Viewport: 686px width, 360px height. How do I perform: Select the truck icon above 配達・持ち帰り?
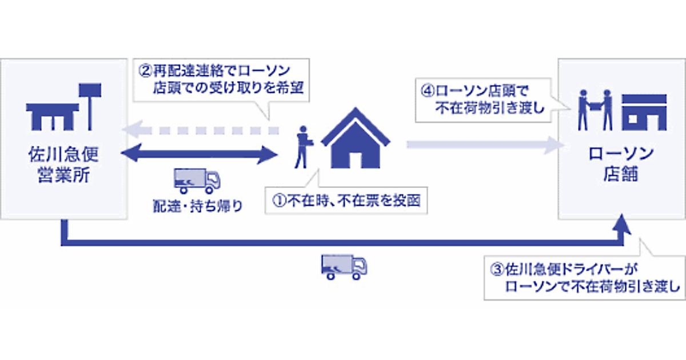[x=196, y=181]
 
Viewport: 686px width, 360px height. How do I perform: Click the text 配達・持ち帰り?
[x=197, y=206]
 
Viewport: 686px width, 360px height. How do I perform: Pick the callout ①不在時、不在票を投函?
[x=345, y=201]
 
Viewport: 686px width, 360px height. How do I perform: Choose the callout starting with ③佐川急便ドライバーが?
[x=583, y=277]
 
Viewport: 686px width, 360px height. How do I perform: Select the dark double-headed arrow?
[x=200, y=153]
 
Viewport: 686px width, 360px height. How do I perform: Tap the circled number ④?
[x=428, y=91]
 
